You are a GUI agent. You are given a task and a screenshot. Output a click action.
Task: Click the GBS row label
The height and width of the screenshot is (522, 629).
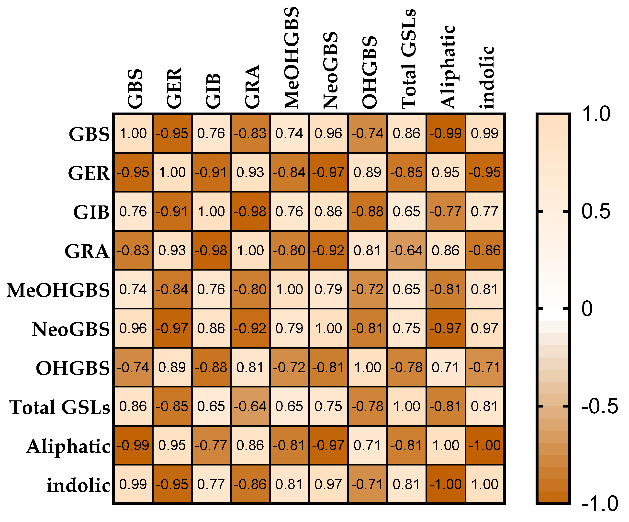point(89,134)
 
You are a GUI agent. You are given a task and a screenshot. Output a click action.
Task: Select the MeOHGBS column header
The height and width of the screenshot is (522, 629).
point(291,58)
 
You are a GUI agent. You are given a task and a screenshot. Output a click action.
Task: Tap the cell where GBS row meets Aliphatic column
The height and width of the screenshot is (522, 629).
point(445,133)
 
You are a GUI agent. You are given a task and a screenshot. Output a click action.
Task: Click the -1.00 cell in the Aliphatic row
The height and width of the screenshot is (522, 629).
point(484,445)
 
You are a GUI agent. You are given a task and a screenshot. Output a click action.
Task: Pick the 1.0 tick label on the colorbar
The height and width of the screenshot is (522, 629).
point(595,114)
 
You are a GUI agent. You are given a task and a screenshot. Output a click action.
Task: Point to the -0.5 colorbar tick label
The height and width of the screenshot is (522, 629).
point(599,406)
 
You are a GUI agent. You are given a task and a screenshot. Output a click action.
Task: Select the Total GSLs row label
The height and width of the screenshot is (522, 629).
point(60,407)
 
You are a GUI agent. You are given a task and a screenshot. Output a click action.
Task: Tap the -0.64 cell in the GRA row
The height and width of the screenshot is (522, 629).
point(406,250)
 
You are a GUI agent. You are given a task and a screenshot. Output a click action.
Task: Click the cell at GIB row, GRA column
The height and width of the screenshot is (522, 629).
point(250,212)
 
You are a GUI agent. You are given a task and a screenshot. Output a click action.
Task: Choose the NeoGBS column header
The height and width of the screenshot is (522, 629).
point(330,70)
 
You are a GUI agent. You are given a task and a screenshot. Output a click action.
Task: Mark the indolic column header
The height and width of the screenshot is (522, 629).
point(486,77)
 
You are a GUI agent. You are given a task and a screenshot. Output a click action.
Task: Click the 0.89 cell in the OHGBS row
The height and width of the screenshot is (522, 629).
point(172,367)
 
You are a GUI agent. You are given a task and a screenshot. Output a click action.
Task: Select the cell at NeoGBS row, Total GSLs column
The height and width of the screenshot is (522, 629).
point(406,329)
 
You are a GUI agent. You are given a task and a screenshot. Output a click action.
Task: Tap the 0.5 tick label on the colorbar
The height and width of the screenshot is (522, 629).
point(595,212)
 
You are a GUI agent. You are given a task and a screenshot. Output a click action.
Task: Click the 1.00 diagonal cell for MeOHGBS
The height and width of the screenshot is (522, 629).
point(289,289)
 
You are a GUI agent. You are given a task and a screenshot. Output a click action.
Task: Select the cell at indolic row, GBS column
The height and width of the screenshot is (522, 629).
point(133,484)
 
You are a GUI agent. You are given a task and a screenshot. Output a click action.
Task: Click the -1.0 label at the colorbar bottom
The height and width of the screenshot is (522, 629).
point(599,504)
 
